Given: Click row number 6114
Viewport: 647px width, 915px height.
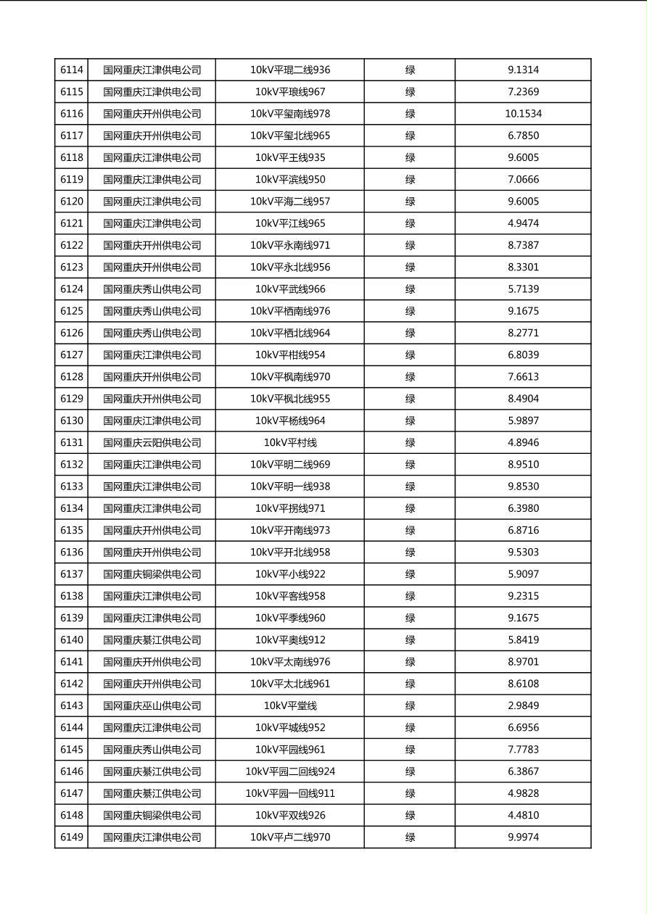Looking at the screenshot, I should (72, 70).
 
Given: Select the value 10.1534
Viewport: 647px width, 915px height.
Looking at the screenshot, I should (523, 114).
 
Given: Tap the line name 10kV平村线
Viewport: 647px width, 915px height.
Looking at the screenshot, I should (290, 443).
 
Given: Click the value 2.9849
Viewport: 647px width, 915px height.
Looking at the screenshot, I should (523, 706).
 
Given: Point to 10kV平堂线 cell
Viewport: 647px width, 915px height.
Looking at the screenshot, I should (290, 706).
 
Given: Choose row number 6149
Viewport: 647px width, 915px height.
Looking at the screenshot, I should (72, 837).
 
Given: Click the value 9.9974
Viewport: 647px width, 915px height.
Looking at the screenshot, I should (523, 837).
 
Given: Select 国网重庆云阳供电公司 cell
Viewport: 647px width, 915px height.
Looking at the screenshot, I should (152, 443).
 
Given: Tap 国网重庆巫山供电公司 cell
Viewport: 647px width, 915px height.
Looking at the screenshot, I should (152, 706).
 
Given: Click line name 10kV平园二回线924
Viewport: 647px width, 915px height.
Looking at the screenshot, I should (290, 772).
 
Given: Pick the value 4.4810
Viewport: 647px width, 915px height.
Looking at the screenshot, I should (523, 816).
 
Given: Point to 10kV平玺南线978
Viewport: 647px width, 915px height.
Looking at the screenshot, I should (290, 114).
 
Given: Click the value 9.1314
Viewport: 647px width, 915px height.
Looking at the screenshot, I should (523, 70).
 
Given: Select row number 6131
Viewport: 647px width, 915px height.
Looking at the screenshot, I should (72, 443).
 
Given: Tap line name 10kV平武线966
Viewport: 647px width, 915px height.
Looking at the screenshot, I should (290, 289).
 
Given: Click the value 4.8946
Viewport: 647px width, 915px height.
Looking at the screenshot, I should (523, 443).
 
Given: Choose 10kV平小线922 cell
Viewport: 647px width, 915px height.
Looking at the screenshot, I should (290, 574).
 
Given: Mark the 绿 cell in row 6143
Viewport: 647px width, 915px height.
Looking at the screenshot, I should (410, 706).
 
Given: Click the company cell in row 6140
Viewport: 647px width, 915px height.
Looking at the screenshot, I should (152, 640).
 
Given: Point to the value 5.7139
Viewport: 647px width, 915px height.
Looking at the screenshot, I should (523, 289).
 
